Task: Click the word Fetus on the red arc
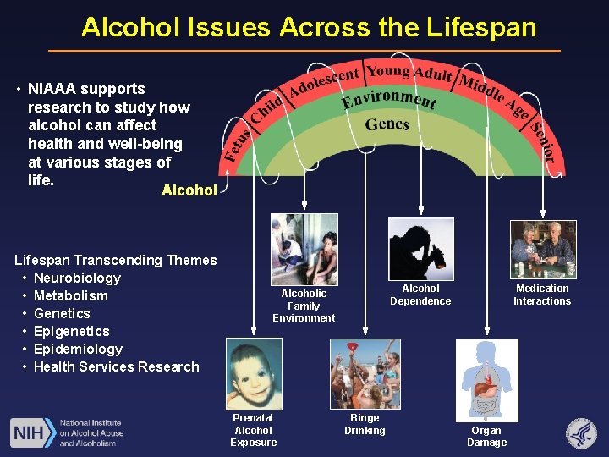coord(237,144)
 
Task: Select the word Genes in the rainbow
coord(387,124)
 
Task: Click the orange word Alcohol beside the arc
coord(189,190)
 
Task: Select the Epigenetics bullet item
coord(72,331)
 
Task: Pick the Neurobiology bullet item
coord(77,278)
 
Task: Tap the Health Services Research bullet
coord(116,366)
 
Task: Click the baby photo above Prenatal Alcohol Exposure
coord(254,373)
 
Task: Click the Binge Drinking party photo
coord(365,373)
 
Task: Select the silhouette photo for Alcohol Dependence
coord(420,249)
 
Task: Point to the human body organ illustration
coord(486,380)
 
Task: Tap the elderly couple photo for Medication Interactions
coord(542,249)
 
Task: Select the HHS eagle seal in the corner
coord(581,433)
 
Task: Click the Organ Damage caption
coord(487,437)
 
